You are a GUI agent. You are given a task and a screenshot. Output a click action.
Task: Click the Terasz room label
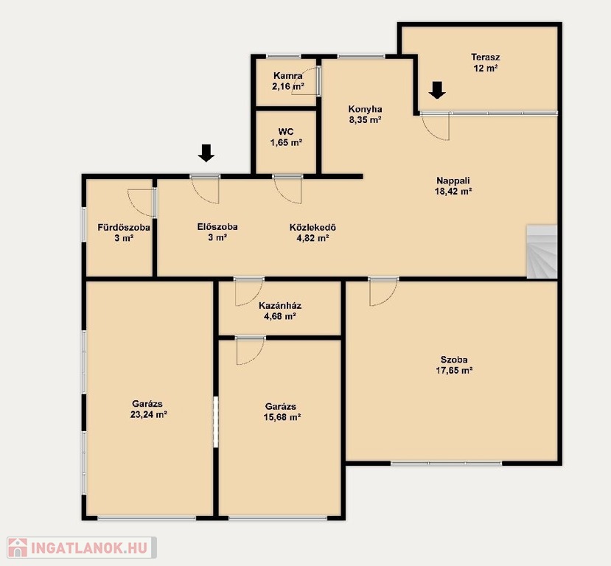click(485, 57)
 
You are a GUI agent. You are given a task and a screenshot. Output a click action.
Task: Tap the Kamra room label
click(288, 76)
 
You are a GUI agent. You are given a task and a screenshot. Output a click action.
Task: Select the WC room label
click(286, 132)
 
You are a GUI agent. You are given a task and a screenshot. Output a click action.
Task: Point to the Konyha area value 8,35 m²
click(365, 120)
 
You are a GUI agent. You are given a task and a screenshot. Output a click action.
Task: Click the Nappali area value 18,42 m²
click(453, 192)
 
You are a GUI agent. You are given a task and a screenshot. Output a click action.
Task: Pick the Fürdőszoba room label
click(124, 227)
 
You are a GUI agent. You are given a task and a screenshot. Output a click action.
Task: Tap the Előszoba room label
click(217, 227)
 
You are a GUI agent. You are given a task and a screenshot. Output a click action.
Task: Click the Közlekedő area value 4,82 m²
click(313, 238)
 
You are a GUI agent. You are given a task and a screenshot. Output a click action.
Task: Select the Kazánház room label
click(280, 305)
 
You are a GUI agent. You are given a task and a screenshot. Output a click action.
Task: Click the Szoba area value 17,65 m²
click(454, 371)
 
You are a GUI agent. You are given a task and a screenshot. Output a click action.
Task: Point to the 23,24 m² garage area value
click(148, 414)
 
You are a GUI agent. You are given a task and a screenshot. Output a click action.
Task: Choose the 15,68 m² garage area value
click(282, 417)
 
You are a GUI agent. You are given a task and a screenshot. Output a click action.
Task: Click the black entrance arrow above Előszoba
click(206, 153)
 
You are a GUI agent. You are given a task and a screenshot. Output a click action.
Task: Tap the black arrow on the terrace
click(437, 90)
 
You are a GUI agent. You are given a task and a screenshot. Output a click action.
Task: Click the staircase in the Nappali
click(542, 251)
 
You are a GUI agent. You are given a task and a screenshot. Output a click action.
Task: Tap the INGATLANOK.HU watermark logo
click(82, 548)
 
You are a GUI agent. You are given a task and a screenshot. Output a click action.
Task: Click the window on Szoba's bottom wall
click(447, 463)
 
